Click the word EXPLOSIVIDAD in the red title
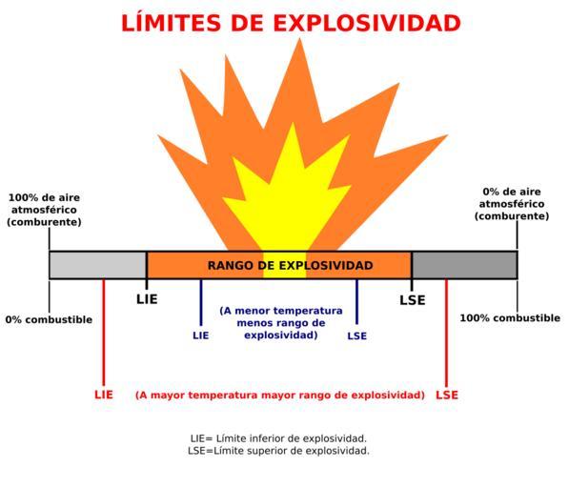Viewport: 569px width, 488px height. coord(367,24)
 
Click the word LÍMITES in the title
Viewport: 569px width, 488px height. coord(172,23)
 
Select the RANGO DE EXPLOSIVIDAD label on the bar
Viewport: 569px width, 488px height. coord(290,265)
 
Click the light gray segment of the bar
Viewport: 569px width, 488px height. coord(97,265)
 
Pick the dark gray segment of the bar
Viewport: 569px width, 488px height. coord(464,265)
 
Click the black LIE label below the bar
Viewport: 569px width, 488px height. coord(147,299)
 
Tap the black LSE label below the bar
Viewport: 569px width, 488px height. coord(413,300)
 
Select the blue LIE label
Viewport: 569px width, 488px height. coord(201,335)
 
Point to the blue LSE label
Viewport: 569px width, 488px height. coord(357,335)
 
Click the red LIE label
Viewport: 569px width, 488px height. coord(104,395)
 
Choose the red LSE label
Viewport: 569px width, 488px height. coord(447,395)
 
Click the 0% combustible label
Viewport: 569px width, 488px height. coord(49,319)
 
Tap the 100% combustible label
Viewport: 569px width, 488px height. coord(510,318)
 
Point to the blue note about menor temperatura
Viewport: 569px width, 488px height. coord(281,323)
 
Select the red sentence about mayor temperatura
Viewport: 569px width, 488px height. coord(280,395)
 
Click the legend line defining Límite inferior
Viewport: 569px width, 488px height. coord(278,438)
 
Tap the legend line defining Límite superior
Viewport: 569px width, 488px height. coord(278,451)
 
